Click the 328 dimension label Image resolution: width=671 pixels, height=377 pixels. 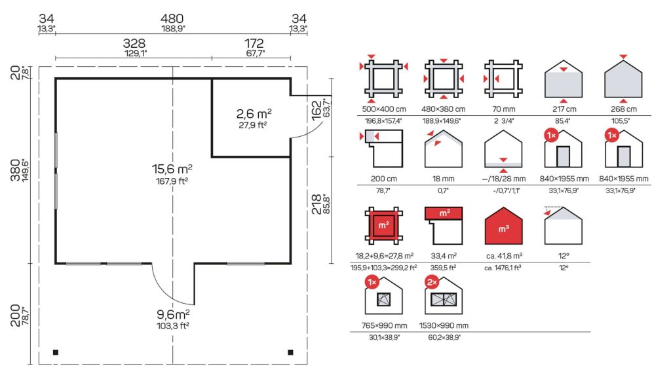coord(134,44)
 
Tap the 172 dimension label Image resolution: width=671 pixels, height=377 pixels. coord(254,44)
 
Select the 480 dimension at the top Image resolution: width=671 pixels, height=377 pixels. coord(172,19)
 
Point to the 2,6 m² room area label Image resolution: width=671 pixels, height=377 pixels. coord(254,114)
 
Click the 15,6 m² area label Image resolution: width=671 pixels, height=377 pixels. coord(172,169)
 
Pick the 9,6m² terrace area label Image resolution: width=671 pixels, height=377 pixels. coord(173,315)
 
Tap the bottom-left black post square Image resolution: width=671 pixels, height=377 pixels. coord(56,353)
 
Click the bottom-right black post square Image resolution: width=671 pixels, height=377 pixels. coord(290,353)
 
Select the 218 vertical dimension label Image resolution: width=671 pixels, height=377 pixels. coord(316,204)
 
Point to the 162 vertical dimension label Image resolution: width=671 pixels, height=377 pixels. coord(316,110)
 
